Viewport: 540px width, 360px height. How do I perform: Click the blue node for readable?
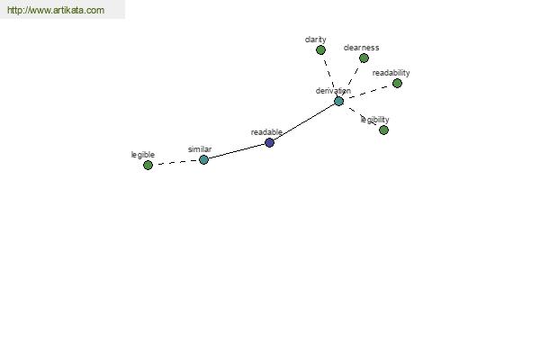pos(269,142)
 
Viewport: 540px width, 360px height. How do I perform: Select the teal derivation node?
pos(339,102)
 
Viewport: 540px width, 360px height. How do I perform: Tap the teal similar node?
pos(203,160)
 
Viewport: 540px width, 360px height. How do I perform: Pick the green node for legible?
pos(148,166)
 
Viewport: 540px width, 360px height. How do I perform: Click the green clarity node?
pos(320,50)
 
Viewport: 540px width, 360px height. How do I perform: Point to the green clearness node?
pos(364,58)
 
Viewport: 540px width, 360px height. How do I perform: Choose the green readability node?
pos(397,83)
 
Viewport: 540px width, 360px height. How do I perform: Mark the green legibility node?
pos(383,130)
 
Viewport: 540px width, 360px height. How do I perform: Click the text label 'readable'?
pos(266,132)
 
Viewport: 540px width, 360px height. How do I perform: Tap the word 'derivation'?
pos(333,91)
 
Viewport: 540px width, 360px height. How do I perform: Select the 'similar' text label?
pos(200,149)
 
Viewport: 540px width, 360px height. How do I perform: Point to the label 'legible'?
pos(143,155)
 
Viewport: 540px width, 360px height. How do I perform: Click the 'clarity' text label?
pos(316,40)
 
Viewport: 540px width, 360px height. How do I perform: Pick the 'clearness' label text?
pos(361,48)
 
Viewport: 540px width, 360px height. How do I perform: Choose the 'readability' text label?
pos(391,73)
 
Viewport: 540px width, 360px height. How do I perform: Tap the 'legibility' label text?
pos(374,120)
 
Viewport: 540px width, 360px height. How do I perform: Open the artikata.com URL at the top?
pos(56,10)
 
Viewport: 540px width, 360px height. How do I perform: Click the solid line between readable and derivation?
pos(304,122)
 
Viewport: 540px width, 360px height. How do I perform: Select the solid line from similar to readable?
pos(237,151)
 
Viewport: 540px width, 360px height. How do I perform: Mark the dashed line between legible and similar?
pos(175,163)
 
